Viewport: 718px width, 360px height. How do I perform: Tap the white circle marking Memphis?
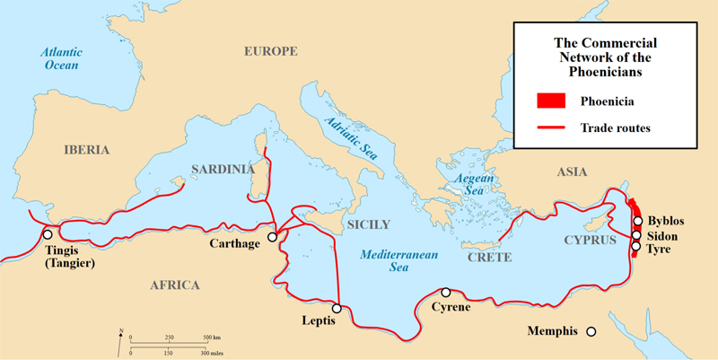coord(591,331)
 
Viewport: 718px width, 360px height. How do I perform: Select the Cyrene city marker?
coord(445,293)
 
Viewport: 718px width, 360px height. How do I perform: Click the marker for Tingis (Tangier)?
coord(47,234)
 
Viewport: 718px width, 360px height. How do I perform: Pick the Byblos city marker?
coord(637,221)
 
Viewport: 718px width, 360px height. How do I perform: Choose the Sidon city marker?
coord(637,235)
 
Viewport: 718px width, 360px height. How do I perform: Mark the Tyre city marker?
coord(636,246)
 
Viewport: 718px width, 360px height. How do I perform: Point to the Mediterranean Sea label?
coord(399,261)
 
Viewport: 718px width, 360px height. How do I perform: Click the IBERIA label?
coord(86,150)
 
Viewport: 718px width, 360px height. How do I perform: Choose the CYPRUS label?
coord(590,241)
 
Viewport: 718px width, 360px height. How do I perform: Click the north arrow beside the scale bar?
coord(120,338)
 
